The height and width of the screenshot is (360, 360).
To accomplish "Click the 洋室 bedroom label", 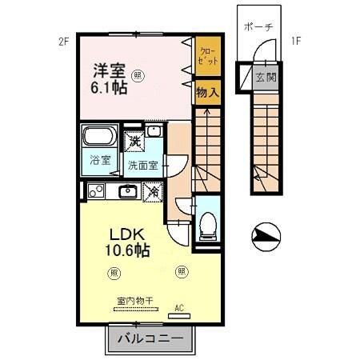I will [105, 70].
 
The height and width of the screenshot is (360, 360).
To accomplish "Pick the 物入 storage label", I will [207, 93].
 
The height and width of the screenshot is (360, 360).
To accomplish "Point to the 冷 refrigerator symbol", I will [152, 192].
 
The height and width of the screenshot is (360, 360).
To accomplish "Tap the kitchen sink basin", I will [126, 191].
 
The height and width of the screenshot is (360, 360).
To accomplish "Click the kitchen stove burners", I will [97, 191].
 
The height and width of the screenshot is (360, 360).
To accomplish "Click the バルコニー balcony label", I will [150, 339].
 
